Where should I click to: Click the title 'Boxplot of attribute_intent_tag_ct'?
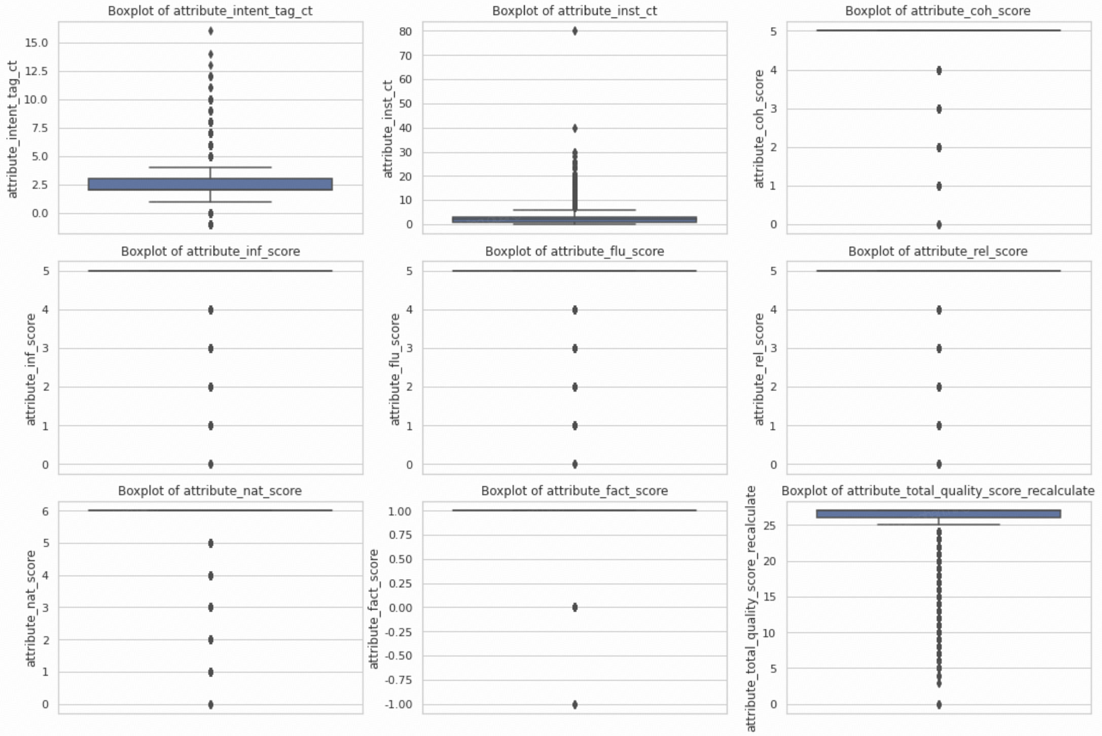click(210, 11)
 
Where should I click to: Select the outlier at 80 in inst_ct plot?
click(575, 31)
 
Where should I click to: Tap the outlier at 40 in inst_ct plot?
click(575, 128)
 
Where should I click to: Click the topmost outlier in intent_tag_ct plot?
click(211, 31)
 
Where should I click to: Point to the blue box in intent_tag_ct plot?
click(210, 184)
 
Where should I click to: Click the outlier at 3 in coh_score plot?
click(939, 109)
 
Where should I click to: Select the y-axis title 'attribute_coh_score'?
click(759, 129)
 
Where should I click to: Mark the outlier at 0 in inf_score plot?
click(211, 464)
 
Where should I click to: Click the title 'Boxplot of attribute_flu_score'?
click(575, 251)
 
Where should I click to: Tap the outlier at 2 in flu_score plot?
click(575, 387)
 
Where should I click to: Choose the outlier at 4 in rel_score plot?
click(939, 310)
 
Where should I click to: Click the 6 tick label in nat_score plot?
click(45, 511)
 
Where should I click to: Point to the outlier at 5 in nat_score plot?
click(211, 543)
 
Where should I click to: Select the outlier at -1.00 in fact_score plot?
click(575, 704)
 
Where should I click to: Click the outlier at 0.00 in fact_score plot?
click(575, 607)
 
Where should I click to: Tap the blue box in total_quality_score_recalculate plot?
click(938, 513)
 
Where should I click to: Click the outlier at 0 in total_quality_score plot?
click(939, 704)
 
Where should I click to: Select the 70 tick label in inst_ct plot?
click(405, 55)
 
